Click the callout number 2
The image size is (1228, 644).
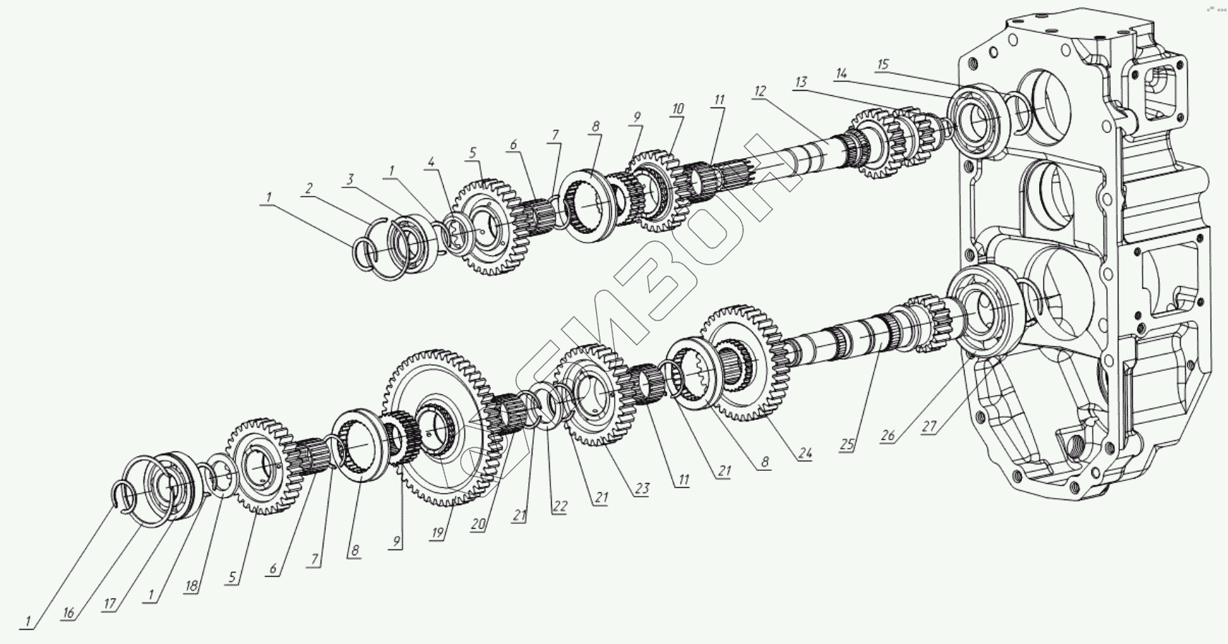308,189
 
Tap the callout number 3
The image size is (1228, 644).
349,179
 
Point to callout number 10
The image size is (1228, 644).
677,109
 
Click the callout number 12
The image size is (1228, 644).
759,91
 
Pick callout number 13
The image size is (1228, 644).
800,82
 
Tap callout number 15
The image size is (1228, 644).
882,65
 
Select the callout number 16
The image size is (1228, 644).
69,613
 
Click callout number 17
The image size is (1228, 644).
109,604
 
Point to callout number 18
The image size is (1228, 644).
192,586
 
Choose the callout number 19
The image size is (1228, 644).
438,533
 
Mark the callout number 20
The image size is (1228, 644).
478,525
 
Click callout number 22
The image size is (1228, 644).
560,507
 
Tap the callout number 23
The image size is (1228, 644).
642,489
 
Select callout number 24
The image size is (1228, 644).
805,453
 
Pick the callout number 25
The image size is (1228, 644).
847,444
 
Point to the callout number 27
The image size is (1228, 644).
929,427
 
